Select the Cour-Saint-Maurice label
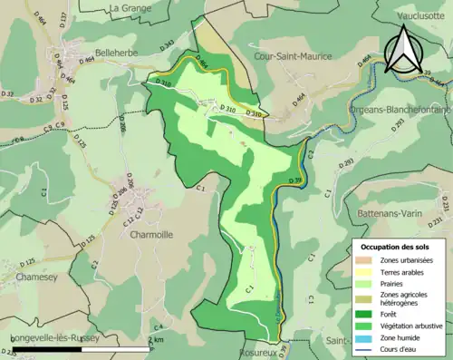click(294, 56)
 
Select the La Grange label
click(129, 8)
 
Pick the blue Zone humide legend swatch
click(369, 336)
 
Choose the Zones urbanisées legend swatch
click(369, 260)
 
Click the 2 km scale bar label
click(157, 339)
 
